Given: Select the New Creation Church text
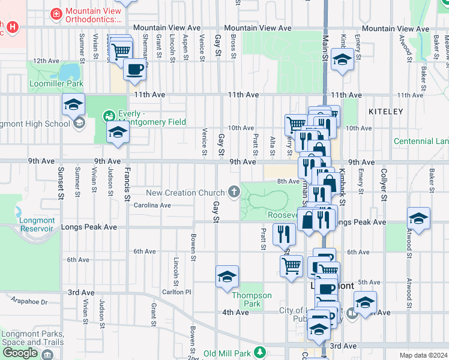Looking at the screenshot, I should [185, 193].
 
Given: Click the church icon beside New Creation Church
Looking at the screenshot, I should [233, 193].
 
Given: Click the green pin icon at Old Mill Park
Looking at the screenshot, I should [260, 352].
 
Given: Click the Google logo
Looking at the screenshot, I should [20, 353].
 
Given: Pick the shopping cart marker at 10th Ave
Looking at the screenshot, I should [295, 124].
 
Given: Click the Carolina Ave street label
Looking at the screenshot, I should [152, 205].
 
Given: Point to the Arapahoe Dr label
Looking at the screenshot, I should [26, 302].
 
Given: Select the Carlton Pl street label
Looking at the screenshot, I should [176, 292].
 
